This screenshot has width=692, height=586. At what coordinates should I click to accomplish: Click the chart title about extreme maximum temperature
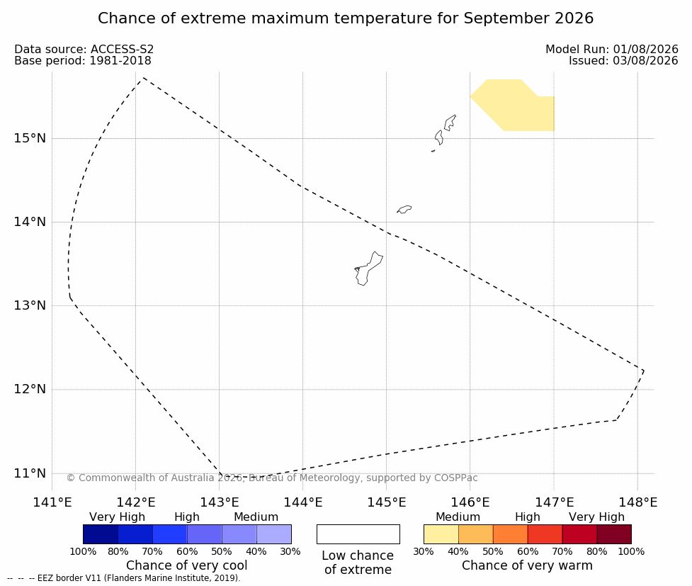click(346, 18)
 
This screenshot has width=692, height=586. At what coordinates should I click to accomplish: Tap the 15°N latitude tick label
click(30, 138)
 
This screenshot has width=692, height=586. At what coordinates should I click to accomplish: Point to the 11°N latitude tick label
click(30, 473)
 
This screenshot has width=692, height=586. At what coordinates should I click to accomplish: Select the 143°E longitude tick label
click(220, 502)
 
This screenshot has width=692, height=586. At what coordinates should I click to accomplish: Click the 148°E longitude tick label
click(637, 502)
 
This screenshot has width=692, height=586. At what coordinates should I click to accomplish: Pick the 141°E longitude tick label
click(52, 502)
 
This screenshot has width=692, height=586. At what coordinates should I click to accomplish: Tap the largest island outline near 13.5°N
click(368, 269)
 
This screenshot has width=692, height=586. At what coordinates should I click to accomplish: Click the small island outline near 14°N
click(404, 209)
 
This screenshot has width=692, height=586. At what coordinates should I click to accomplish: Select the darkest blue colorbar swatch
click(101, 534)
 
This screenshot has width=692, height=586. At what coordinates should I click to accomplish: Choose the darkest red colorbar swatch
click(614, 534)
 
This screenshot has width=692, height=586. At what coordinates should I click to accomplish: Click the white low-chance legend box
click(358, 534)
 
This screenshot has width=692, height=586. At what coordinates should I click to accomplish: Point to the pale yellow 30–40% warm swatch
click(441, 534)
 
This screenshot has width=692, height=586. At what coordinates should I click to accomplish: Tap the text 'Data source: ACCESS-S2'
click(84, 50)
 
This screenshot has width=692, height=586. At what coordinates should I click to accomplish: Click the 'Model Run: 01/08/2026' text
click(612, 50)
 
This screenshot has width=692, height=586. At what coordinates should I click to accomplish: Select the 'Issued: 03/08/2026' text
click(623, 61)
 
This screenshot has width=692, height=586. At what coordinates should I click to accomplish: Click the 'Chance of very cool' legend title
click(187, 565)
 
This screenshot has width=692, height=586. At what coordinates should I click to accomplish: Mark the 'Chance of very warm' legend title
click(527, 565)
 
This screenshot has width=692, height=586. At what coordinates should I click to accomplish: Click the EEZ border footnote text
click(124, 578)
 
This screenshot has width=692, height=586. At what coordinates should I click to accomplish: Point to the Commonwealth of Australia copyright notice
click(272, 478)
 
